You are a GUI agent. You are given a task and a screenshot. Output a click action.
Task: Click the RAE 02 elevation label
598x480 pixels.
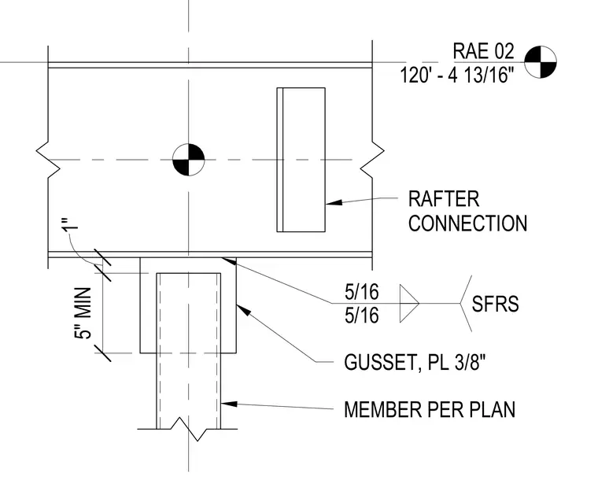click(483, 51)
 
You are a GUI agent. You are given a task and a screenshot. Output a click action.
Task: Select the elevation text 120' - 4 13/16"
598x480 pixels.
click(457, 74)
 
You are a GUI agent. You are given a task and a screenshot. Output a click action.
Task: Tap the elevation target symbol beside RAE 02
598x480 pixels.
click(540, 61)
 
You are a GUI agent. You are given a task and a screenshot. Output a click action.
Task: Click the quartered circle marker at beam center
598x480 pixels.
click(188, 160)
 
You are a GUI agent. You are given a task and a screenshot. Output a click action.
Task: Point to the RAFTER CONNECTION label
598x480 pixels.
click(467, 211)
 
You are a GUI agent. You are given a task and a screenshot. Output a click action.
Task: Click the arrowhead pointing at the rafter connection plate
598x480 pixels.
click(334, 202)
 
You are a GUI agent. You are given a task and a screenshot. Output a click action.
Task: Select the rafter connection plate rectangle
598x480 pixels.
click(301, 160)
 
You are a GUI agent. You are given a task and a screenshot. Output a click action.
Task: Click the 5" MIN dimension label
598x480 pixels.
click(83, 313)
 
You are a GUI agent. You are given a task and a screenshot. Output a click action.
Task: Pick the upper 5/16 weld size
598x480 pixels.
click(361, 292)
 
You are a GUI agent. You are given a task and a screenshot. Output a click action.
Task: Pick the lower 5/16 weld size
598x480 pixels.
click(361, 316)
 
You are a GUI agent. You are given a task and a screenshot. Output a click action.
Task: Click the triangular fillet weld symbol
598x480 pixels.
click(409, 304)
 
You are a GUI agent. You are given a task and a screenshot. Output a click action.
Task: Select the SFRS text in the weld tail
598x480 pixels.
click(495, 304)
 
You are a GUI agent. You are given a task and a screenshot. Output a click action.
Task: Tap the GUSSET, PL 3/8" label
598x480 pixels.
click(415, 362)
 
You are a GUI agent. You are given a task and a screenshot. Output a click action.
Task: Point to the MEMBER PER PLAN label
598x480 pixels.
click(430, 409)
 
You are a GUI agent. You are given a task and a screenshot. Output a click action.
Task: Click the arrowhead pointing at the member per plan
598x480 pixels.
click(229, 404)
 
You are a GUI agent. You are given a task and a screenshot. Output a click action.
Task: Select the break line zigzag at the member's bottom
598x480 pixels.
click(188, 429)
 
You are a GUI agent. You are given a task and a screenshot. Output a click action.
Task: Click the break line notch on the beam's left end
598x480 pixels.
click(48, 160)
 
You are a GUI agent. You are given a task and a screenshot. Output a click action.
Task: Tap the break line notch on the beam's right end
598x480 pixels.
click(372, 160)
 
